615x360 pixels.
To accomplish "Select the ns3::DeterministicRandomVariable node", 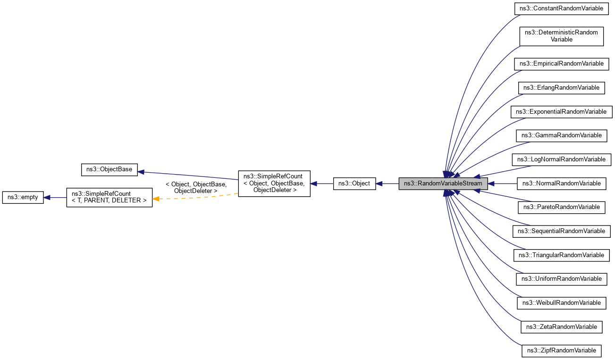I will coord(561,36).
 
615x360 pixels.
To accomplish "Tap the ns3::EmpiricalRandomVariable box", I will coord(561,64).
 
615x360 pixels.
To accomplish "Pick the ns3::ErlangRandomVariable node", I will coord(561,88).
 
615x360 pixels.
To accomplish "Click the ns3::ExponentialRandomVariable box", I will coord(561,112).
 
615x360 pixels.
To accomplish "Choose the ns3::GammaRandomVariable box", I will coord(561,135).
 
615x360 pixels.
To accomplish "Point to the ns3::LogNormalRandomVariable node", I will coord(561,159).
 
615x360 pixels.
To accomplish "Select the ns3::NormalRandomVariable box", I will coord(561,183).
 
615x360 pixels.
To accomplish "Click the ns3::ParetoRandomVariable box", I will coord(561,207).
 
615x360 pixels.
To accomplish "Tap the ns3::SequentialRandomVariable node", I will coord(561,231).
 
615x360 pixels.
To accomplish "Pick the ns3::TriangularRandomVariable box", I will coord(561,255).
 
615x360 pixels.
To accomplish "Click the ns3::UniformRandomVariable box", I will coord(561,279).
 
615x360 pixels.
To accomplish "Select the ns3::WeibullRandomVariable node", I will coord(561,303).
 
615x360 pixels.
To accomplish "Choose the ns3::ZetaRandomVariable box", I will coord(561,327).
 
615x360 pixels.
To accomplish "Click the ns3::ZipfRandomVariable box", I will coord(561,351).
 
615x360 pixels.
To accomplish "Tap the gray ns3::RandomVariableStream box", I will coord(443,184).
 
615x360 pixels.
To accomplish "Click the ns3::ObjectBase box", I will coord(109,169).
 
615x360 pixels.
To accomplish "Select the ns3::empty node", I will coord(23,198).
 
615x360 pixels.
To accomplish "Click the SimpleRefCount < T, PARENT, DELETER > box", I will coord(109,198).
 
